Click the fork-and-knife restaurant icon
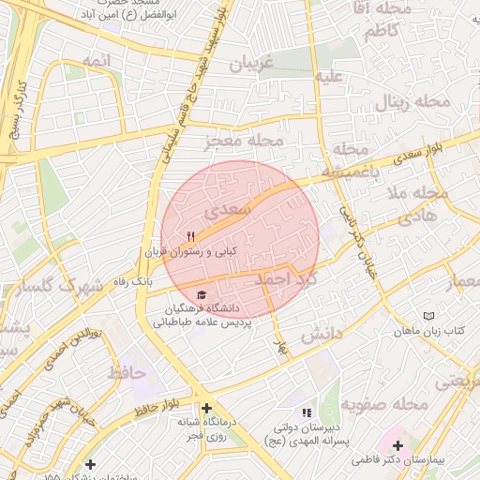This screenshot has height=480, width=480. coord(191,236)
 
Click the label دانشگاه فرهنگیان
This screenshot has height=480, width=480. coord(203,308)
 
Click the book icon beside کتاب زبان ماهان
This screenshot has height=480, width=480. coord(429,317)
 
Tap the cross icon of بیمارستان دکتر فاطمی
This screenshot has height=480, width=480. coord(397,445)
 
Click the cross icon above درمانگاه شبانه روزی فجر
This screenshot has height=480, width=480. coord(206,408)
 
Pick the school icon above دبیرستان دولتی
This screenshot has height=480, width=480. coord(306,412)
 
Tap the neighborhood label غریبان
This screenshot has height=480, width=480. coord(250,64)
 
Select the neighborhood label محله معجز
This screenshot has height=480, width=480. coord(244,141)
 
